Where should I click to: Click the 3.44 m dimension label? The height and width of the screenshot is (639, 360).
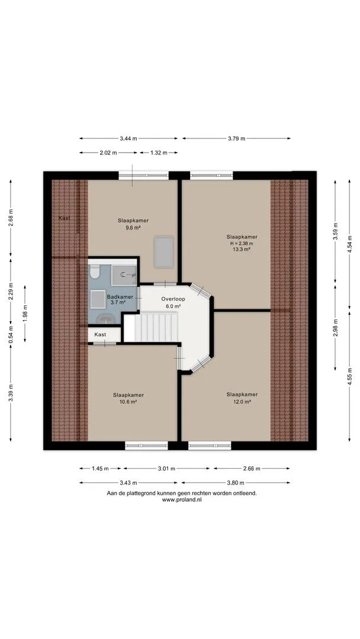(x=128, y=138)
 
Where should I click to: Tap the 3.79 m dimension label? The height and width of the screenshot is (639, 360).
(x=236, y=138)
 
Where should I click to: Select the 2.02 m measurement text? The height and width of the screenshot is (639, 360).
(x=108, y=153)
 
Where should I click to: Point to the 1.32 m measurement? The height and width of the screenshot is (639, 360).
(x=159, y=153)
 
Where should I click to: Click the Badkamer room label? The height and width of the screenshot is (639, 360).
(x=120, y=296)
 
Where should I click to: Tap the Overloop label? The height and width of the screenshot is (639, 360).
(x=173, y=299)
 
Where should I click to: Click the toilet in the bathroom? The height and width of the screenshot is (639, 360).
(x=95, y=272)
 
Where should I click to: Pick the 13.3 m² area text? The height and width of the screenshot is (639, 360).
(x=242, y=250)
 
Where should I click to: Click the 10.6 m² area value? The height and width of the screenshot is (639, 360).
(x=128, y=401)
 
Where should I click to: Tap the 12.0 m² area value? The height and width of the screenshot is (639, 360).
(x=242, y=401)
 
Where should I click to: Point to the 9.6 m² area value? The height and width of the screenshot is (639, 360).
(x=133, y=227)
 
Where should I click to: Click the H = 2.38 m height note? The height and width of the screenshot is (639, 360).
(x=242, y=243)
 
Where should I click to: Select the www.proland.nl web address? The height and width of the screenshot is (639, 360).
(x=182, y=499)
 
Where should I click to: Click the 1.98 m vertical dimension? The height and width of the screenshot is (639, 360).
(x=25, y=314)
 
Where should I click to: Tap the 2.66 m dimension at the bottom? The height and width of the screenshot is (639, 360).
(x=252, y=469)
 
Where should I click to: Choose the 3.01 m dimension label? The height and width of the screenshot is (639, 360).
(x=166, y=469)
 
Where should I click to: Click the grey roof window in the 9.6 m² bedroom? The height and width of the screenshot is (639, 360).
(x=164, y=252)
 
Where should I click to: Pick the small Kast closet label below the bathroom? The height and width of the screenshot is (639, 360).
(x=100, y=334)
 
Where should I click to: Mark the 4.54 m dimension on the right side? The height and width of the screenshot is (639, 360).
(x=349, y=244)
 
